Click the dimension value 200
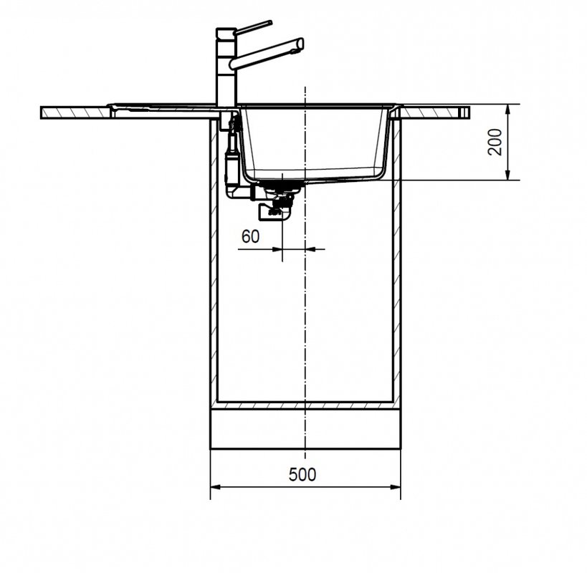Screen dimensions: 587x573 tap(495, 142)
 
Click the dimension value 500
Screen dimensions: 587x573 tap(302, 475)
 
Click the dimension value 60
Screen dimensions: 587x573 tap(250, 236)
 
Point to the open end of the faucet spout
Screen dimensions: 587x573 tap(300, 44)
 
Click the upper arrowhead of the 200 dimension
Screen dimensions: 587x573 tap(507, 109)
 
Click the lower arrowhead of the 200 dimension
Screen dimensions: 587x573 tap(507, 175)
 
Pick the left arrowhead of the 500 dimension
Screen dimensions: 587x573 tap(216, 487)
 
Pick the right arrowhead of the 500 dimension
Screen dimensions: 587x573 tap(396, 487)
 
